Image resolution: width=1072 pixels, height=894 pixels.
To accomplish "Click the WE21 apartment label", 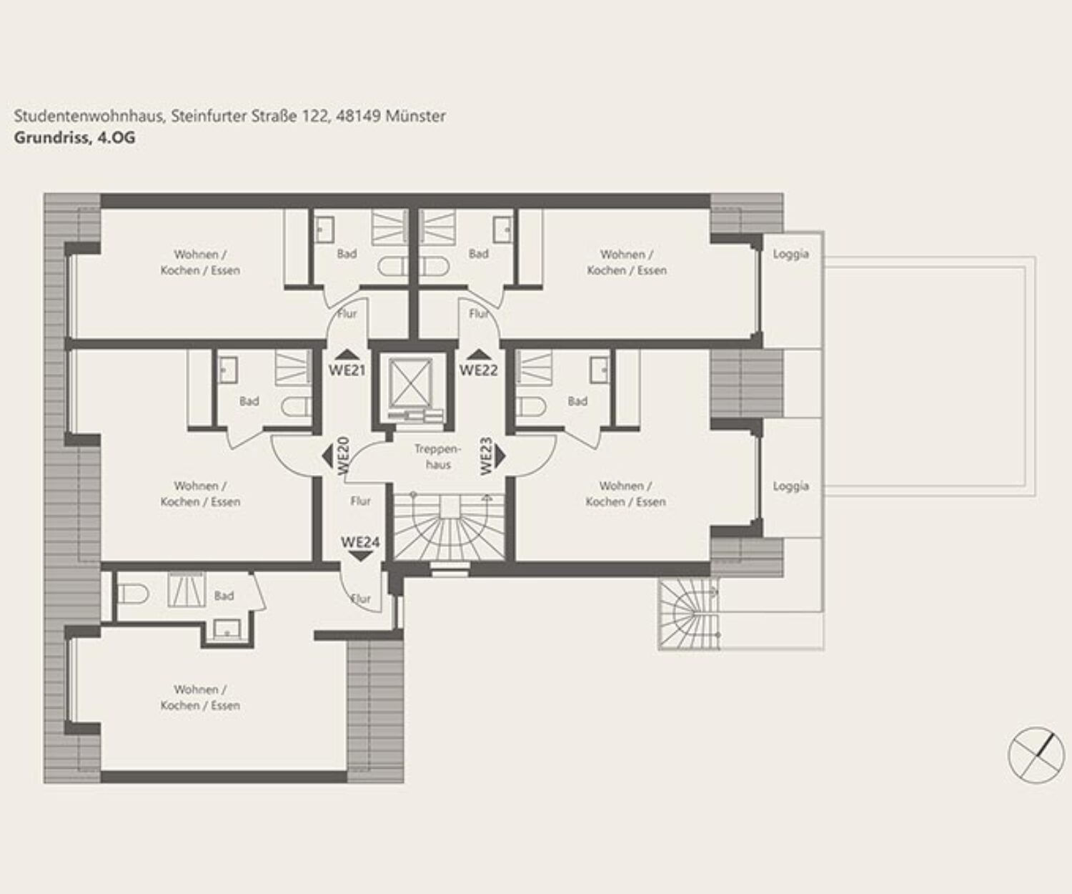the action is tap(347, 370).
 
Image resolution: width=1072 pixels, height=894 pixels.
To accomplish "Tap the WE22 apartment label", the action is tap(479, 370).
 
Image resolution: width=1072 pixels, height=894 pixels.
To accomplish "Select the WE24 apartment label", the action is tap(360, 542).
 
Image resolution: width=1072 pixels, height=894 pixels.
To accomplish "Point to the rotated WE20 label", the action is tap(343, 455).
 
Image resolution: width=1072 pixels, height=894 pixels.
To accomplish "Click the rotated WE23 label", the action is tap(486, 456).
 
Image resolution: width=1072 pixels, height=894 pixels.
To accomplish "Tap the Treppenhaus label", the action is tap(438, 457).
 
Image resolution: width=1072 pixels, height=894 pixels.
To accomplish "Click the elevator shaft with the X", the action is tap(410, 384).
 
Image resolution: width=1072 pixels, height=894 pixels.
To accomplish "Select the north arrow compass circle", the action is tap(1036, 755).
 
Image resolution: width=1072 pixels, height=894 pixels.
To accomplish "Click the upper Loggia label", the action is tap(790, 254).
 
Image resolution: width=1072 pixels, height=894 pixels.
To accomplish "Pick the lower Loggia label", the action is tap(790, 486).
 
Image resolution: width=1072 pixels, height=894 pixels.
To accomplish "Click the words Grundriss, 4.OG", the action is tap(75, 138).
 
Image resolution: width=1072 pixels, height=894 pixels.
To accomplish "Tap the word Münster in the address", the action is tap(415, 116).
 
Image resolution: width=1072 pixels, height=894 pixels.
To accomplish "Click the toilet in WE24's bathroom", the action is tap(133, 594).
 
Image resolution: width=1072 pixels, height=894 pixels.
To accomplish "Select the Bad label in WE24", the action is tap(224, 596).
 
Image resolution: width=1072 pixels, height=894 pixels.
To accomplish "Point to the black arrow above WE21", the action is tap(347, 354).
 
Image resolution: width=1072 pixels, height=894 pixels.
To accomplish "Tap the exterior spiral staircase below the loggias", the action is tap(688, 614).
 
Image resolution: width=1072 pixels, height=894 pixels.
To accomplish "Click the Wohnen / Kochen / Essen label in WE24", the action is tap(200, 697).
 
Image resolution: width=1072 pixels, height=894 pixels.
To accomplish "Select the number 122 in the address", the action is tap(314, 116).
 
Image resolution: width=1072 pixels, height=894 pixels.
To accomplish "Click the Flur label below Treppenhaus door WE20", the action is tap(360, 501).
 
